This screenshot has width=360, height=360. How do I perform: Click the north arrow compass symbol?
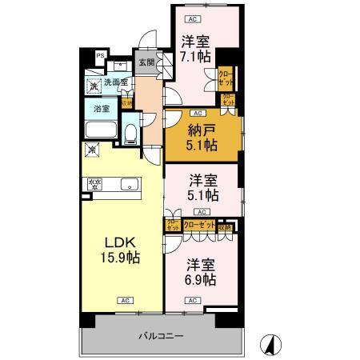(x=273, y=344)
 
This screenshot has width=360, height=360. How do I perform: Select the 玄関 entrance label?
(x=146, y=62)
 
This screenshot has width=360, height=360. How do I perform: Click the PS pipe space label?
(x=100, y=55)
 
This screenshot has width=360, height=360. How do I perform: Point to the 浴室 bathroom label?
(x=102, y=108)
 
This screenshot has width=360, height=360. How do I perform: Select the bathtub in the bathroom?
(x=101, y=131)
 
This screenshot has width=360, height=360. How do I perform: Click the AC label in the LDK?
(x=125, y=300)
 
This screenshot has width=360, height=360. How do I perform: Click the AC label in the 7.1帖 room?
(x=190, y=17)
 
